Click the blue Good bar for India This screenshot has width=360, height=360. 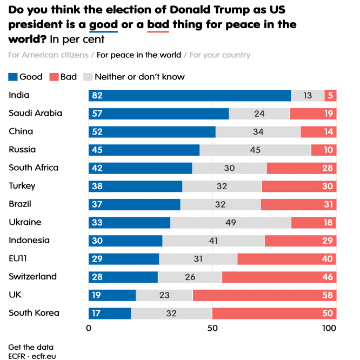(190, 96)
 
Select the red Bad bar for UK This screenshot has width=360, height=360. (264, 295)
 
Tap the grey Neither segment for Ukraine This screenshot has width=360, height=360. (231, 223)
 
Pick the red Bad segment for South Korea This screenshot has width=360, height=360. (274, 314)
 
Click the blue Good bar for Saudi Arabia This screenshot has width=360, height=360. (158, 114)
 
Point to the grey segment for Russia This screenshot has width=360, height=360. (255, 150)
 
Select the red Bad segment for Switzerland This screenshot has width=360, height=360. (279, 277)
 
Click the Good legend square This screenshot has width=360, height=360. (13, 77)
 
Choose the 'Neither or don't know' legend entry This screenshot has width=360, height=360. (139, 77)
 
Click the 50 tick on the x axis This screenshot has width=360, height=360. (212, 328)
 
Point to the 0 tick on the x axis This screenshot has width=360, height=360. (89, 328)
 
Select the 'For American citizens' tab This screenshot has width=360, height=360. (49, 55)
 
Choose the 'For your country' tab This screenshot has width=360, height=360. (220, 55)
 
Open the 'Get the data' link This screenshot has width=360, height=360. (31, 346)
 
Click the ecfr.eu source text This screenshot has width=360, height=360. (43, 356)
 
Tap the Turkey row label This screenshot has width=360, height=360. (22, 186)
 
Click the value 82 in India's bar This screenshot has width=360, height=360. (97, 96)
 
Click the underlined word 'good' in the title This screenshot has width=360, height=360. (103, 25)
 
